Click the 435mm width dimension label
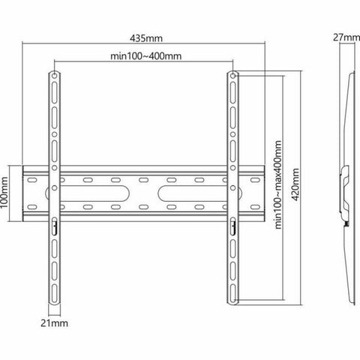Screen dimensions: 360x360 click(x=144, y=37)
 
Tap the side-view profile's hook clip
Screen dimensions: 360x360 click(x=345, y=180)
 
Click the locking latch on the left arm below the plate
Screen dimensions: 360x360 click(x=53, y=223)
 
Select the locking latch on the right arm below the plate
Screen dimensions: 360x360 click(x=232, y=223)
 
